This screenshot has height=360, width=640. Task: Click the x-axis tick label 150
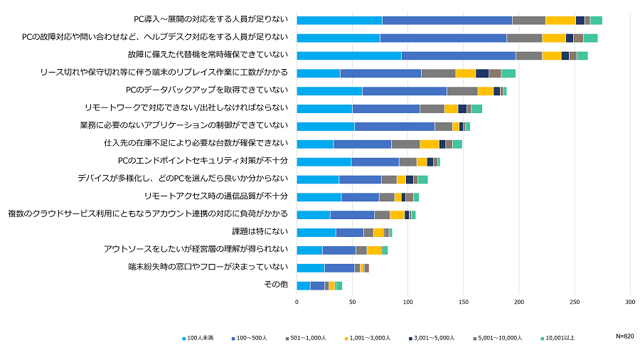[x=463, y=302]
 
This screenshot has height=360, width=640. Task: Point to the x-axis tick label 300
[x=630, y=302]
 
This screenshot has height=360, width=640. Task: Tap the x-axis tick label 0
[x=297, y=302]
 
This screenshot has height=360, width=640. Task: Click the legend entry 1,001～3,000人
[x=370, y=337]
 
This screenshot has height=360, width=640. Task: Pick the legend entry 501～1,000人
[x=311, y=337]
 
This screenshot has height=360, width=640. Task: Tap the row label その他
[x=276, y=285]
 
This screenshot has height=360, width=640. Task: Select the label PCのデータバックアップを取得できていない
[x=206, y=90]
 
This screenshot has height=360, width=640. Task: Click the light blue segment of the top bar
[x=339, y=20]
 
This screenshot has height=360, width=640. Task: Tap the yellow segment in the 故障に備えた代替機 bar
[x=551, y=55]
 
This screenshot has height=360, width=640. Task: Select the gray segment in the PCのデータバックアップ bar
[x=462, y=90]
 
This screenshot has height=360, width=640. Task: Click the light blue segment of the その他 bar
[x=303, y=285]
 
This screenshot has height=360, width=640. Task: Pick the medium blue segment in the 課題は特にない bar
[x=349, y=232]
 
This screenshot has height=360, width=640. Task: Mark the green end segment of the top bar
[x=596, y=20]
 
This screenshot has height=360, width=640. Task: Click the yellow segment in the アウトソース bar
[x=373, y=250]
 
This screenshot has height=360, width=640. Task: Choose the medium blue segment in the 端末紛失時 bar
[x=339, y=268]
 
